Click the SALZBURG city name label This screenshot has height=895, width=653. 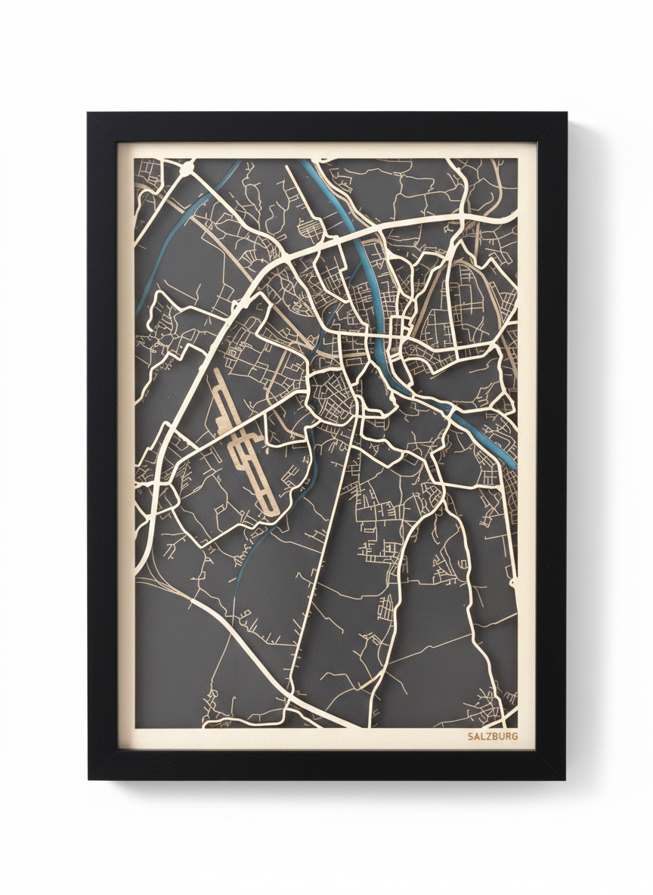[x=493, y=736]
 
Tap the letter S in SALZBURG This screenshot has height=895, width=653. [x=470, y=736]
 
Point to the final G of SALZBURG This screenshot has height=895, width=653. [x=515, y=736]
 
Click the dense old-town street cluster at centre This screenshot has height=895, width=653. [x=331, y=397]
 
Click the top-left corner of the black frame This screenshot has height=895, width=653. [x=89, y=114]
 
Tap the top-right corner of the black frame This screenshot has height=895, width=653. [x=565, y=114]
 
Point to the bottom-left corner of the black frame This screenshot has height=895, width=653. [x=89, y=778]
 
